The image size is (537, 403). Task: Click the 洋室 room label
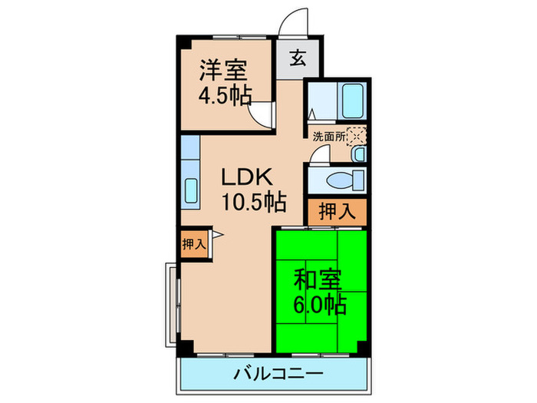(222, 70)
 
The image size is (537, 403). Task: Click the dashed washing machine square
(356, 136)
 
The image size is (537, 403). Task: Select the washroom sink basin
(359, 154)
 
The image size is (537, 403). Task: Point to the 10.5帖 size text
(253, 203)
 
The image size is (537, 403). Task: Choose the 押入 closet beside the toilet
(337, 211)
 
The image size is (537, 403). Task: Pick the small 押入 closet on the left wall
(193, 243)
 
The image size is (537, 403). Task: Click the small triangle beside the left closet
(217, 235)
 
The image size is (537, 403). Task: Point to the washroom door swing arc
(320, 156)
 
